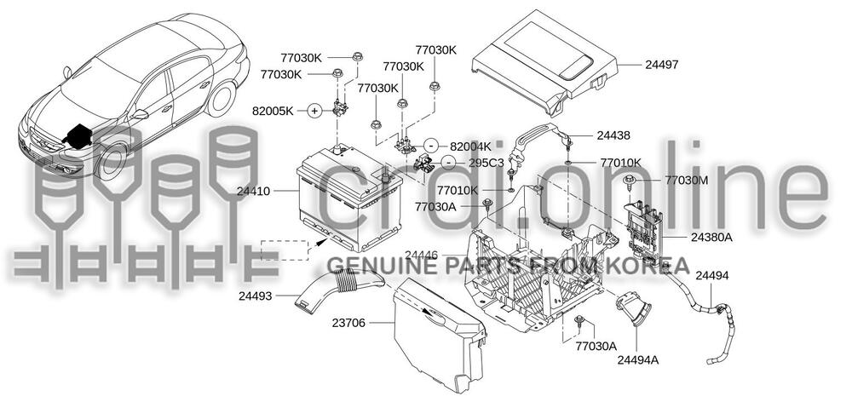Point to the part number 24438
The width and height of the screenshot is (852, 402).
[613, 135]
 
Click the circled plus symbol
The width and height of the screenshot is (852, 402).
[314, 111]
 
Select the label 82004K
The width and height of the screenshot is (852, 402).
[471, 146]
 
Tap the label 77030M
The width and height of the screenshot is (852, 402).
[687, 180]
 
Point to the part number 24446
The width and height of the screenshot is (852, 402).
[421, 255]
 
